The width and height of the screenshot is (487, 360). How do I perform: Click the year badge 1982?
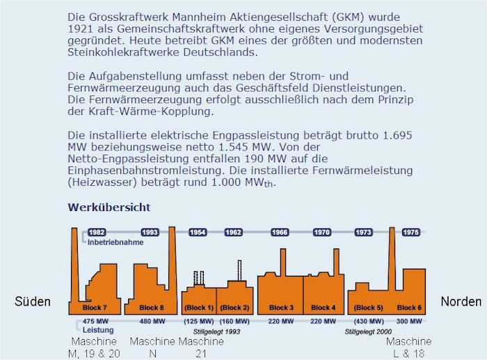[97, 233]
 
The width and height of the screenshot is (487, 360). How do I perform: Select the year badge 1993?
[150, 233]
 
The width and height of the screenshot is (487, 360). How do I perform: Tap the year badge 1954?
[198, 233]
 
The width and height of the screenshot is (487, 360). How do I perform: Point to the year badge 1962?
[233, 233]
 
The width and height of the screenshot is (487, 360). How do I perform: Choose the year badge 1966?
[280, 233]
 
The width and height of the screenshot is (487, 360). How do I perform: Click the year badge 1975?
[410, 233]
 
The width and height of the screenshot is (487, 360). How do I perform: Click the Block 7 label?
[94, 307]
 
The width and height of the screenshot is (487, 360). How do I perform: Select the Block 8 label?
[151, 307]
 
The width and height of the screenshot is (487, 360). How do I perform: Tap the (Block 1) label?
[199, 307]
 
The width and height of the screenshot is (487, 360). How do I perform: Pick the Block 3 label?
[281, 307]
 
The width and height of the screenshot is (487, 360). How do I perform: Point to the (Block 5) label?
[369, 307]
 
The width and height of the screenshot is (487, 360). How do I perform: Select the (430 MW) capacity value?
[369, 321]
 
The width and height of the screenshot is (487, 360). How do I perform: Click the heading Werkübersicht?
[109, 208]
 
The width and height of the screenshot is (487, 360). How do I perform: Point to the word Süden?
[33, 302]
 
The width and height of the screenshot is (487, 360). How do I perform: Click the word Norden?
[461, 302]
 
